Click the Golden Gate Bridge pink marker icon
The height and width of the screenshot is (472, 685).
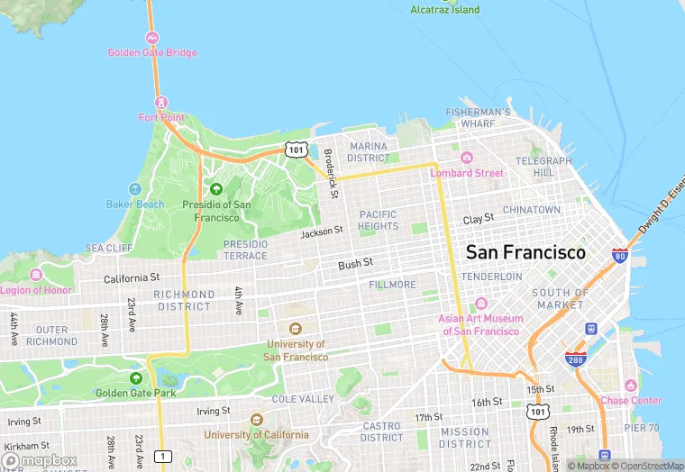tap(152, 39)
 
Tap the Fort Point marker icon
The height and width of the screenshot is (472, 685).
tap(160, 103)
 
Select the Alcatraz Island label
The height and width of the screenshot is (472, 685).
tap(444, 10)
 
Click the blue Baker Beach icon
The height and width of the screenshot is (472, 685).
tap(134, 189)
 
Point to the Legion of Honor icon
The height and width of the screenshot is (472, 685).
tap(36, 275)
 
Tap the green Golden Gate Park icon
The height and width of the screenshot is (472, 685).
tap(136, 378)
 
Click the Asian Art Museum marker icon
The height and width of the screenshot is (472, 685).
tap(480, 304)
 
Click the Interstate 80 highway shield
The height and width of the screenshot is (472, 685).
tap(619, 256)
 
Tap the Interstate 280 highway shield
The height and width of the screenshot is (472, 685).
tap(574, 359)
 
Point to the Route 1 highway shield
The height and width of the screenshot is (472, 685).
tap(162, 457)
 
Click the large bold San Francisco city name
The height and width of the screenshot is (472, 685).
tap(525, 252)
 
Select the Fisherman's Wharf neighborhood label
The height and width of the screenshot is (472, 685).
tap(478, 117)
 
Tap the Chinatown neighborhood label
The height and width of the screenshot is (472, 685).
tap(531, 209)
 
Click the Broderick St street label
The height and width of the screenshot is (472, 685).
tap(331, 173)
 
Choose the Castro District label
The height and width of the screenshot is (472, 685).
tap(382, 431)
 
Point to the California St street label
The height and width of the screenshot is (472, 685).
tap(132, 278)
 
